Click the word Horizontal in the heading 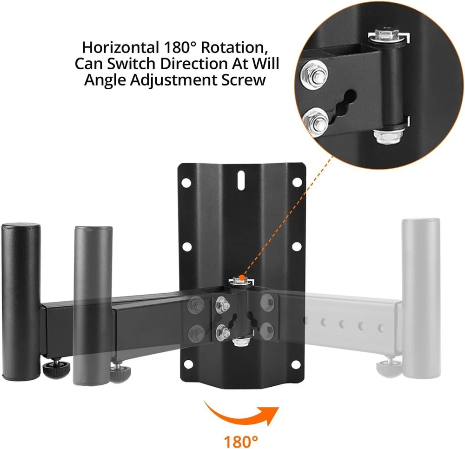120,47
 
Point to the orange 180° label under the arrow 241,442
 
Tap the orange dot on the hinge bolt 242,278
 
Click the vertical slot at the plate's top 241,180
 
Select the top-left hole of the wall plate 186,183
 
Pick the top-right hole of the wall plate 297,182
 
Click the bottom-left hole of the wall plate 187,365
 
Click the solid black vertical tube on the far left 21,301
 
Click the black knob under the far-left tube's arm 56,368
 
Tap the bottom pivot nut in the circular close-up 388,136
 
